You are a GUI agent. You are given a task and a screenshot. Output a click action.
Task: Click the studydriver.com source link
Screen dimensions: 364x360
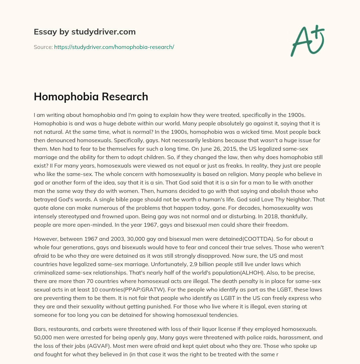pyautogui.click(x=114, y=47)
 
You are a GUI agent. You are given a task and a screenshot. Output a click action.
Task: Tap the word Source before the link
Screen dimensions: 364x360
pyautogui.click(x=43, y=47)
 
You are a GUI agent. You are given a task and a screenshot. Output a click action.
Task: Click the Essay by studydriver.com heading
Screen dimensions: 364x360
pyautogui.click(x=84, y=32)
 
